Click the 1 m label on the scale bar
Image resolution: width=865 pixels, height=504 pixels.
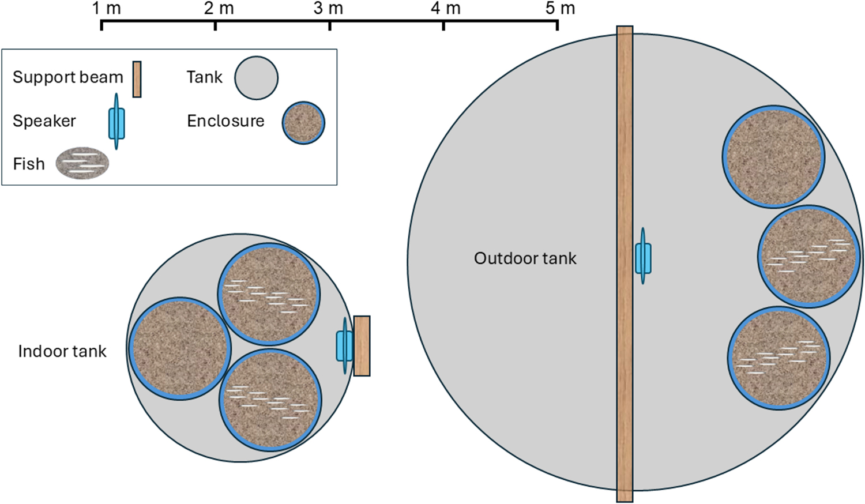[x=106, y=9]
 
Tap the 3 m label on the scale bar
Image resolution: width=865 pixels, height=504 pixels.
[x=328, y=9]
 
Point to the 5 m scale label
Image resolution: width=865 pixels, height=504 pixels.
[x=560, y=9]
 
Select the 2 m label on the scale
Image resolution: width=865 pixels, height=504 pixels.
[x=219, y=9]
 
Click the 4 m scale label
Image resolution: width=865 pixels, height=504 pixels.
[x=446, y=9]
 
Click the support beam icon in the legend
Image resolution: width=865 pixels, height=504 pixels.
[x=137, y=79]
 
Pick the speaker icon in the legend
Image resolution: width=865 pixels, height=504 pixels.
[x=116, y=122]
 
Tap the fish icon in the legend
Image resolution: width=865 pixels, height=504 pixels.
[x=82, y=163]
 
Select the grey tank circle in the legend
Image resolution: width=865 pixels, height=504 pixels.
[x=256, y=78]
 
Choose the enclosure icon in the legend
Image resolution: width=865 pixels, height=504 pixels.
[x=303, y=123]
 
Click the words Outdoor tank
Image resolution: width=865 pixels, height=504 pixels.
[x=525, y=258]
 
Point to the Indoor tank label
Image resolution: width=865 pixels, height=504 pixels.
[x=62, y=351]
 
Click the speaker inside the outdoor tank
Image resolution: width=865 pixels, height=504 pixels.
[x=643, y=258]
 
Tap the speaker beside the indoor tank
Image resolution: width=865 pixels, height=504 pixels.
[x=344, y=345]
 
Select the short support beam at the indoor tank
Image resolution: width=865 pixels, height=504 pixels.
[x=362, y=346]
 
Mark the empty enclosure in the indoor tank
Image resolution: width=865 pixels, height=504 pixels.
[x=180, y=349]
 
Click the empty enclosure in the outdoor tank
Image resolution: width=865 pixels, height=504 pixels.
[x=773, y=156]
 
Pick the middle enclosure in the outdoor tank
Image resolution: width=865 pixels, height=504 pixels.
[x=808, y=257]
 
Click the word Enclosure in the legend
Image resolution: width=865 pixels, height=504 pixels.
[x=225, y=121]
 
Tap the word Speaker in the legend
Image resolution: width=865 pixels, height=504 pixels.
[x=44, y=121]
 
